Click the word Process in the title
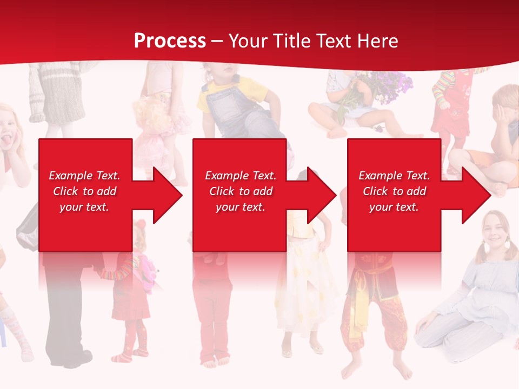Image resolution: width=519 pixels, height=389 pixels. (x=170, y=41)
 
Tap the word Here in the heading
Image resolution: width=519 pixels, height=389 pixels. (x=377, y=41)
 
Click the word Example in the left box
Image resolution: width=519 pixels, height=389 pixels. (x=70, y=176)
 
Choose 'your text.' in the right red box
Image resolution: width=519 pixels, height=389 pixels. (x=394, y=207)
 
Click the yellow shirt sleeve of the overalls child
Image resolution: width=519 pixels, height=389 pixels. (x=206, y=100)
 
